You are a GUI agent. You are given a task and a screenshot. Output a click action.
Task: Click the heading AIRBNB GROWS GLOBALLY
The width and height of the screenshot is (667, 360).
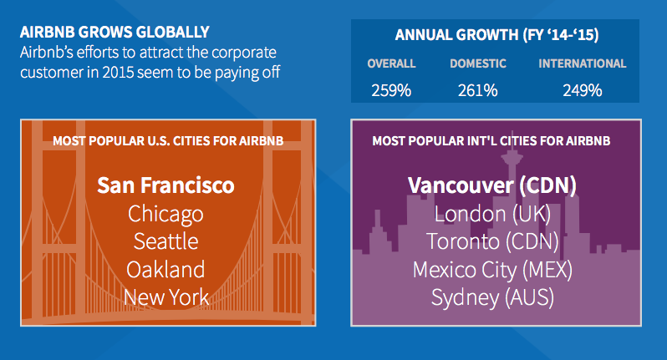115,32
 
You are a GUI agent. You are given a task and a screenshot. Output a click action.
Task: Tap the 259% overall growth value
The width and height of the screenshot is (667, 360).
391,90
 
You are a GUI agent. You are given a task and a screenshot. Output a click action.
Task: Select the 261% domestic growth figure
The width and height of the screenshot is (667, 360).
478,90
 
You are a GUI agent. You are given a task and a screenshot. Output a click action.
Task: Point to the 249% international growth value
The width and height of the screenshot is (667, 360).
583,90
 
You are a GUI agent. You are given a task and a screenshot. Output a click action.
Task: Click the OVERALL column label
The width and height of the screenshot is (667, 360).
391,63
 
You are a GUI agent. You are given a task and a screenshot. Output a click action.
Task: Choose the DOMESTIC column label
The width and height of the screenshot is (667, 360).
478,63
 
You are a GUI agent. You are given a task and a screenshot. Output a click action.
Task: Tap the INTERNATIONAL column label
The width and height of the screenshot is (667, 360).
583,63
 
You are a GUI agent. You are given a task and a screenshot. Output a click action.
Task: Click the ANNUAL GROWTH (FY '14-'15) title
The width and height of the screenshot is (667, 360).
496,35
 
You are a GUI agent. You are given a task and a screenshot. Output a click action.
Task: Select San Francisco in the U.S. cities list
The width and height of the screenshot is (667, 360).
165,185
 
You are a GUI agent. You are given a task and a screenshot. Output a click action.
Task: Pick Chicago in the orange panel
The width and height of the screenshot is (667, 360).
165,214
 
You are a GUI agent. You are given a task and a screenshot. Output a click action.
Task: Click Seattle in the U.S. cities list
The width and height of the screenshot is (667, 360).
165,241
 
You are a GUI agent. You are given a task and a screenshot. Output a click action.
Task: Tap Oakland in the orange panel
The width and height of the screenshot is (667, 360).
165,270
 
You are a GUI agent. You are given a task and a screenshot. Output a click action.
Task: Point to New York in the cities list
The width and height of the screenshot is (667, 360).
166,297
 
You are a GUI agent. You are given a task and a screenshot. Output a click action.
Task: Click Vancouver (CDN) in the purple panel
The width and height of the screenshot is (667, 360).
492,185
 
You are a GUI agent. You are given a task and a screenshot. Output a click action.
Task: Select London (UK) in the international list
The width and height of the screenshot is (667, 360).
492,214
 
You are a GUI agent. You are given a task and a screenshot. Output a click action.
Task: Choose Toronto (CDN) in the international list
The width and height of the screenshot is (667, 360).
492,241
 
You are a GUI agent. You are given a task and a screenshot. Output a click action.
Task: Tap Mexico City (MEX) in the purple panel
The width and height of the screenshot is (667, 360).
492,270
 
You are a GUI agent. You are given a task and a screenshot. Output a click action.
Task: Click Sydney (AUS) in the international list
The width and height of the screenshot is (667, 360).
492,297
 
